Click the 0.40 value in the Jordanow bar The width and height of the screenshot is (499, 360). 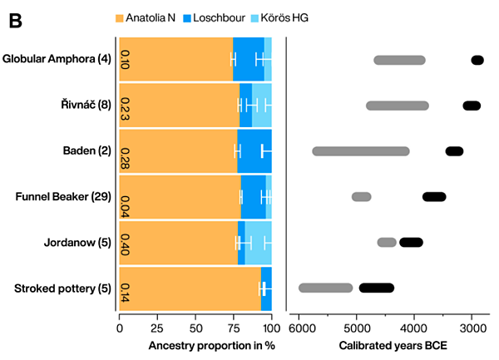coord(126,243)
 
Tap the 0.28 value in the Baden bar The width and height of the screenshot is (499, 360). coord(126,151)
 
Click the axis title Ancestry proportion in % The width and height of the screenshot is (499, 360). coord(195,344)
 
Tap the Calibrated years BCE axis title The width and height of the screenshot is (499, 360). coord(385,344)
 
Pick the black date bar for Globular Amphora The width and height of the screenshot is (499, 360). coord(477,60)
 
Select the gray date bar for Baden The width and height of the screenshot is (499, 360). coord(361,151)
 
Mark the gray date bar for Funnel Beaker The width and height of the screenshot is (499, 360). coord(361,197)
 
